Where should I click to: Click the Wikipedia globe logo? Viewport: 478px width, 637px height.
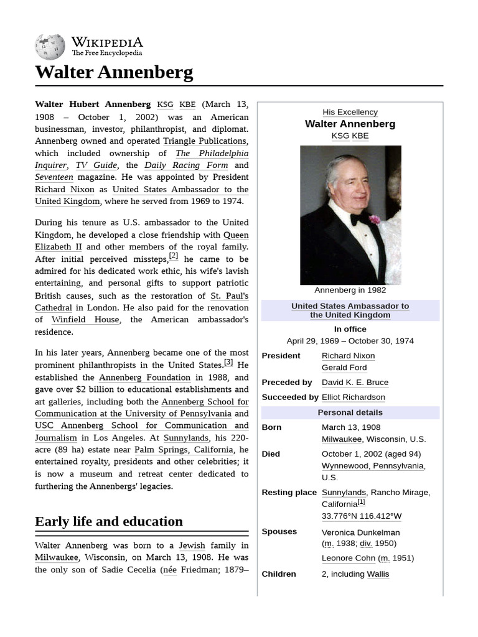click(50, 47)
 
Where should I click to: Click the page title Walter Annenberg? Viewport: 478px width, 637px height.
click(114, 72)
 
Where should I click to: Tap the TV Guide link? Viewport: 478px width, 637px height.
click(96, 165)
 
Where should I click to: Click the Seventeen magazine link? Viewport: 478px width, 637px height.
click(54, 177)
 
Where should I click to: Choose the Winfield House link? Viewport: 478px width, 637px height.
click(85, 320)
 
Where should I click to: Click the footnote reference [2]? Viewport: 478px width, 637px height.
click(173, 256)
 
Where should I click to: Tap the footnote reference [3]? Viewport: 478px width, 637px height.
click(228, 362)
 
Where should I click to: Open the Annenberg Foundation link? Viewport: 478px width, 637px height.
click(144, 378)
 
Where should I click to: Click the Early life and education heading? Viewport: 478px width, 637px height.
click(109, 521)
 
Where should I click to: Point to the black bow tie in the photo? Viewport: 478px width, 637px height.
click(359, 219)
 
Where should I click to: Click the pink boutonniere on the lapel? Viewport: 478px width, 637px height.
click(375, 220)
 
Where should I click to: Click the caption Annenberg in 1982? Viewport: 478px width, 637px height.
click(350, 291)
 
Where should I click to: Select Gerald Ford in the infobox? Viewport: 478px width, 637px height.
click(344, 368)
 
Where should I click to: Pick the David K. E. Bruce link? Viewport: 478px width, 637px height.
click(355, 383)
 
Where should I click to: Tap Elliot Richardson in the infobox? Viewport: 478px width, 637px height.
click(353, 398)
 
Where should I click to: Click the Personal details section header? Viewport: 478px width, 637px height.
click(350, 412)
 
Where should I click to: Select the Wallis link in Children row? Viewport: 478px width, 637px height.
click(378, 574)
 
